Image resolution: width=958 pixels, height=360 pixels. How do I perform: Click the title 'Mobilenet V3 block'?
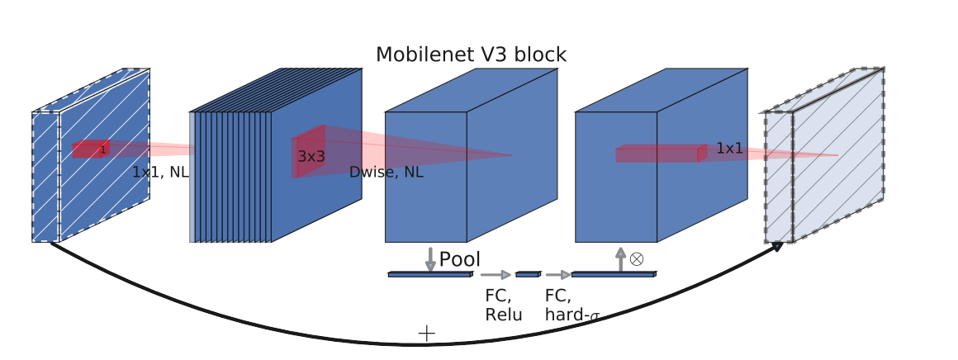tap(471, 55)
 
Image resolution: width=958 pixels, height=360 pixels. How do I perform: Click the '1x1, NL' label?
tap(160, 173)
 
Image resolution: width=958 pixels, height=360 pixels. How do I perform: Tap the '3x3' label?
tap(311, 156)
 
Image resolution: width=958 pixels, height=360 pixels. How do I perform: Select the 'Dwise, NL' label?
tap(386, 173)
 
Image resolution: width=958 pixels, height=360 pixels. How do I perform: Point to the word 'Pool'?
tap(459, 260)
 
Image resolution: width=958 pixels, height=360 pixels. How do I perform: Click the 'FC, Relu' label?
tap(503, 305)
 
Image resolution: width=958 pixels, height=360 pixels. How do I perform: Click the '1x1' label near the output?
tap(729, 149)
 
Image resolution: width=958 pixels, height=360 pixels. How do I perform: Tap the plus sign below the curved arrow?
tap(426, 333)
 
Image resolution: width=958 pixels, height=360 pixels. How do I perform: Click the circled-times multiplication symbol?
tap(636, 258)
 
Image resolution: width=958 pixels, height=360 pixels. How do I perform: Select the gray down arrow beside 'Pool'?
tap(430, 258)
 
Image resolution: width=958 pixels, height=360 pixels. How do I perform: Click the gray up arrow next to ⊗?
tap(621, 258)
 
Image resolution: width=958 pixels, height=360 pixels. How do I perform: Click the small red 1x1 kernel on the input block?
tap(90, 149)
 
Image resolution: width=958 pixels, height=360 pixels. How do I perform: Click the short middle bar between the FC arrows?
tap(527, 274)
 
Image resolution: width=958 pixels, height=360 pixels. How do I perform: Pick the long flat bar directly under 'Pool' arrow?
tap(429, 274)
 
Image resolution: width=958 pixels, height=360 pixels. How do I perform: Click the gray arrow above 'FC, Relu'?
tap(496, 275)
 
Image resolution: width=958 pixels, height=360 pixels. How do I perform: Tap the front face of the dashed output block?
tap(779, 178)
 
